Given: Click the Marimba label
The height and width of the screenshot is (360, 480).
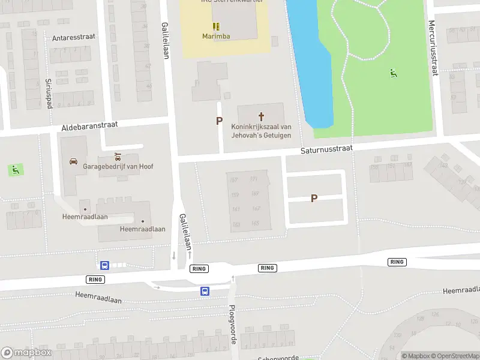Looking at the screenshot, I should [215, 36].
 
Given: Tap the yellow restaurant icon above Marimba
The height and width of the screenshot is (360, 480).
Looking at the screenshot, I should [215, 26].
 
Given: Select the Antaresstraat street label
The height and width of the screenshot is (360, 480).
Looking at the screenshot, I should [74, 37].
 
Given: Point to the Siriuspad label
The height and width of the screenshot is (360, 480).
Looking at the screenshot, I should [48, 94].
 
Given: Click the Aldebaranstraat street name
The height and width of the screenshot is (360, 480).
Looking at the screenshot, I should [90, 127].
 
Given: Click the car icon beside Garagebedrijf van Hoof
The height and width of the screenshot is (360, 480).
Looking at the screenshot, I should [73, 161].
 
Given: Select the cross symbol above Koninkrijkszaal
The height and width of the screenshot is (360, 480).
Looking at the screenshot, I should [261, 116].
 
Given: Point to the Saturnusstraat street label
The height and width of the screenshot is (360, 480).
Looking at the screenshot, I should [327, 148].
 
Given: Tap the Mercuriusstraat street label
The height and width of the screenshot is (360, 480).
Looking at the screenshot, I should [432, 48].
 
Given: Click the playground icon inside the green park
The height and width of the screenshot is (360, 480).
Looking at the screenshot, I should [394, 73].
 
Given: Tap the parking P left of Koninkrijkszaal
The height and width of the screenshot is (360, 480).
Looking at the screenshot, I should [219, 121].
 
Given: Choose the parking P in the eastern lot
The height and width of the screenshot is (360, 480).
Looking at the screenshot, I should [314, 198].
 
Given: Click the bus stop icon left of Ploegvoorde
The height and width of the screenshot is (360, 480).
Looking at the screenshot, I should [205, 291].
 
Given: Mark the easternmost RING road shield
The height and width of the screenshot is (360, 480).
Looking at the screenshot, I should [397, 262].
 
